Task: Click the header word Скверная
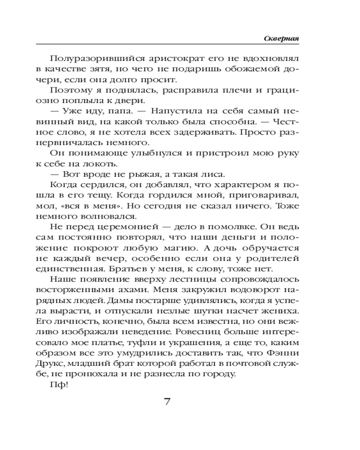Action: (x=281, y=39)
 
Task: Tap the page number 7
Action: (x=167, y=402)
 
